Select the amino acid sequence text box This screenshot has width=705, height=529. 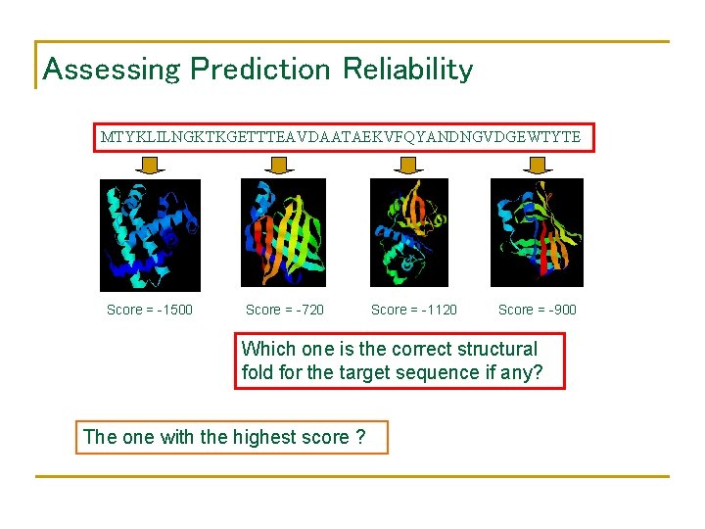[342, 137]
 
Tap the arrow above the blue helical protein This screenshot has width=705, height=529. [149, 167]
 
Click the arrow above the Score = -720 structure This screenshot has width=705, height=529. [283, 167]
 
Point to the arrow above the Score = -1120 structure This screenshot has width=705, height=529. [406, 167]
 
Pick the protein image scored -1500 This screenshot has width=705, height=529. [150, 235]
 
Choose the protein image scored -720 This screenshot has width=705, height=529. [283, 233]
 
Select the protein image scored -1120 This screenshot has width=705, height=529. [408, 233]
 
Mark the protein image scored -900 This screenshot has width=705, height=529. [537, 233]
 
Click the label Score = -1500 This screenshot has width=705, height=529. [150, 310]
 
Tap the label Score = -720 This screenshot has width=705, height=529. [285, 310]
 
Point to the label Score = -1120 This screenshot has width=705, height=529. [414, 310]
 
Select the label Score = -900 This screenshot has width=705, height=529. [538, 310]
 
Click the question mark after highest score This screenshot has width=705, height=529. [361, 437]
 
